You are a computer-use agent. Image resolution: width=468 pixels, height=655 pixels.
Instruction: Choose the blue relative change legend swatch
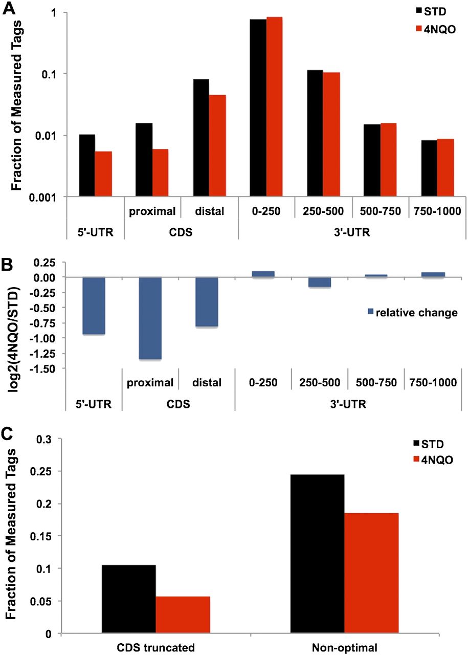[x=371, y=312]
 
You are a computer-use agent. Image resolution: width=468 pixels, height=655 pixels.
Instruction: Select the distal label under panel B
[x=210, y=382]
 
